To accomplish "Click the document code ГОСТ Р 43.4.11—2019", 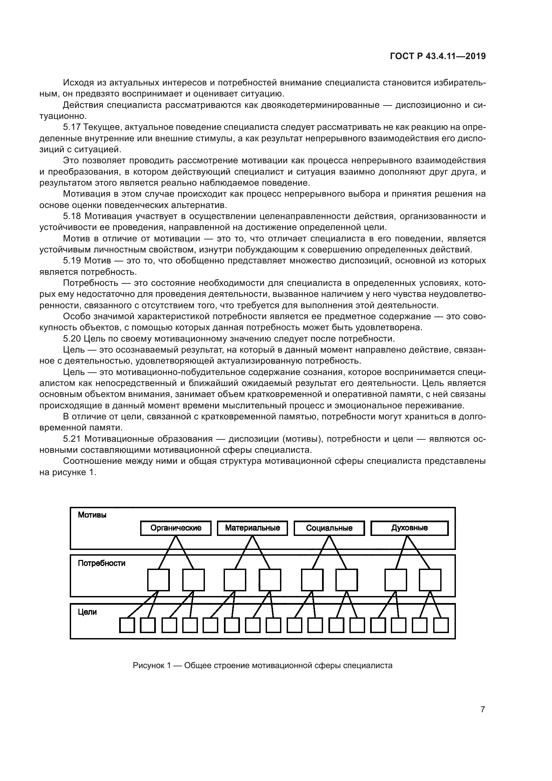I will pos(438,56).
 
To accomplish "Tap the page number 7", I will pos(483,710).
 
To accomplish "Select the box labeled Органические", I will pos(176,528).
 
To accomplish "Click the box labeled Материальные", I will pos(252,528).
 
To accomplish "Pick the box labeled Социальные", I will pos(329,528).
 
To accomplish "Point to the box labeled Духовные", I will pos(409,528).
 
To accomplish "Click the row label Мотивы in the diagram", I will pos(92,515).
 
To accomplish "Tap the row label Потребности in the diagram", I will pos(102,563).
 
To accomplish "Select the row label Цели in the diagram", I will pos(87,612).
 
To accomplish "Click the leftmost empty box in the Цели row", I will pos(127,625).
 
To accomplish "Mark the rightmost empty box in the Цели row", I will pos(441,625).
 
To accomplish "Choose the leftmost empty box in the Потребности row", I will pos(159,580).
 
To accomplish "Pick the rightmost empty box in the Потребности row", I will pos(430,580).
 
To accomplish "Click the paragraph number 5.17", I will pos(72,127).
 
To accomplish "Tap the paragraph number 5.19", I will pos(72,261).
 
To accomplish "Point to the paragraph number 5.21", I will pos(72,439).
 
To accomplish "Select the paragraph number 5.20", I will pos(72,339).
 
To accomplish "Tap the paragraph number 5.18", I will pos(72,216).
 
